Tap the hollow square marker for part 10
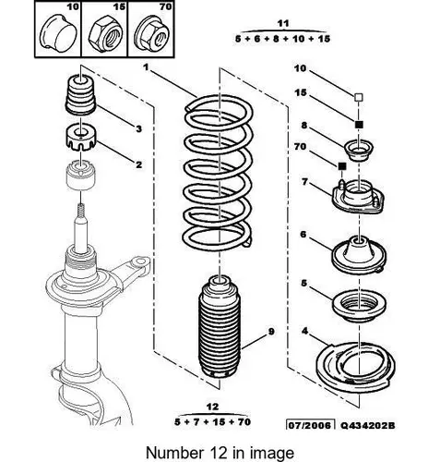[x=359, y=97]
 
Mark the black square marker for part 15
[x=359, y=125]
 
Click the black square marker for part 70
[x=342, y=166]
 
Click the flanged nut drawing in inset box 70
[x=153, y=33]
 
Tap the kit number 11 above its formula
[x=283, y=23]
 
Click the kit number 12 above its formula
[x=212, y=407]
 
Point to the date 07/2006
[x=311, y=426]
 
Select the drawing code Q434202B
[x=368, y=426]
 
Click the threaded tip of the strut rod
[x=80, y=209]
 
